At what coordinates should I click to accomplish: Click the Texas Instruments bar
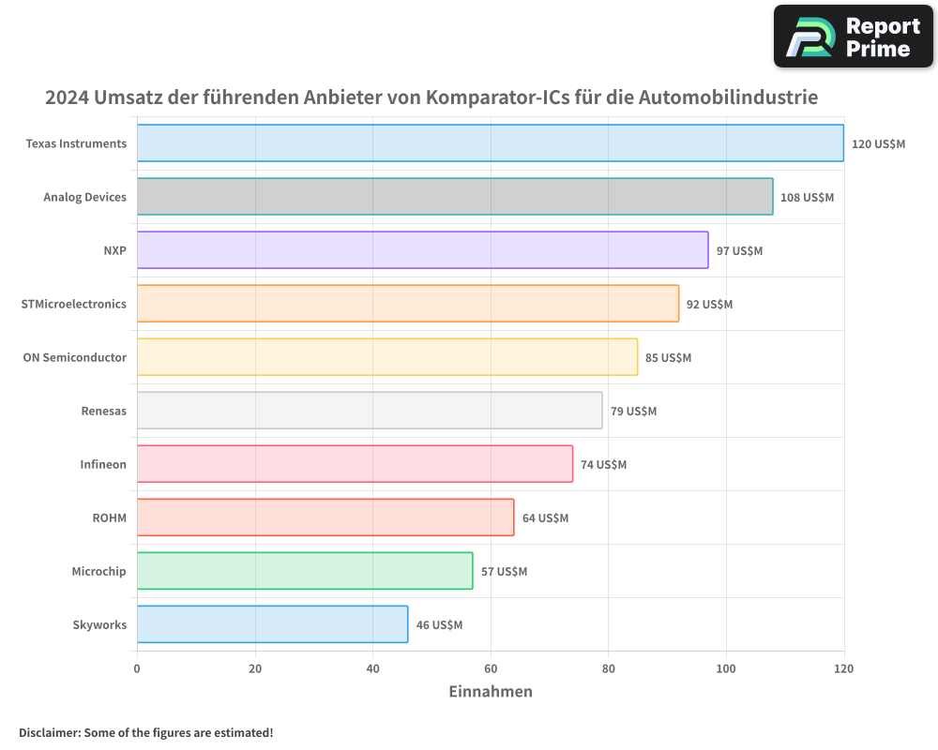(x=490, y=143)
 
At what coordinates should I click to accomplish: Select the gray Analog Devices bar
(x=455, y=197)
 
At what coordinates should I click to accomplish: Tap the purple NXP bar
(x=422, y=250)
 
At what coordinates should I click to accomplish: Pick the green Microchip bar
(x=305, y=571)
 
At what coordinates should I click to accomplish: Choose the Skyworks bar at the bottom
(x=272, y=624)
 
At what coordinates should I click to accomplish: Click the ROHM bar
(x=325, y=517)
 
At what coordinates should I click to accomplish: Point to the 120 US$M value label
(x=878, y=144)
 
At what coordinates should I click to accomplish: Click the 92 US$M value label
(x=709, y=305)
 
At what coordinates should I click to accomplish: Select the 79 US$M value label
(x=633, y=412)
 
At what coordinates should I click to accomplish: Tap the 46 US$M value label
(x=439, y=625)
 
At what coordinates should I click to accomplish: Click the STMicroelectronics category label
(x=73, y=304)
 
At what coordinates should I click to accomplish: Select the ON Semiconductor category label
(x=74, y=357)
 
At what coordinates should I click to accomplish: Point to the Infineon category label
(x=103, y=464)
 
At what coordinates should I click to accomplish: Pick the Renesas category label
(x=104, y=411)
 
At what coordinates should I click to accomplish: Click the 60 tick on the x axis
(x=491, y=668)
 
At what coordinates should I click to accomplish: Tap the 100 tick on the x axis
(x=726, y=668)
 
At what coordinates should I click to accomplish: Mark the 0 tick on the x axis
(x=137, y=668)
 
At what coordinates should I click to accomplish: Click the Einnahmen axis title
(x=491, y=692)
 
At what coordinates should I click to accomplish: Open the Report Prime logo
(x=853, y=37)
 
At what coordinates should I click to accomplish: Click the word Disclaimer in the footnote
(x=49, y=732)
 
